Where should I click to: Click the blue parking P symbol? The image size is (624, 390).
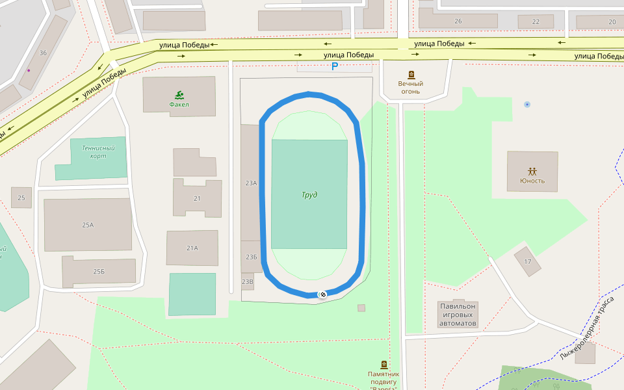pyautogui.click(x=335, y=66)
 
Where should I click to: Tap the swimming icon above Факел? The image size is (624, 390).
pyautogui.click(x=179, y=95)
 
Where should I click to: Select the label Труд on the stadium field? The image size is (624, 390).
pyautogui.click(x=309, y=195)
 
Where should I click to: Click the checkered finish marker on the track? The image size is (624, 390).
pyautogui.click(x=321, y=294)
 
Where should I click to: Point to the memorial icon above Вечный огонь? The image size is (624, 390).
pyautogui.click(x=411, y=75)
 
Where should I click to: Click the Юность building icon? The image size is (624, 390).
pyautogui.click(x=532, y=172)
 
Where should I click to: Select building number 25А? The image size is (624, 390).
pyautogui.click(x=88, y=225)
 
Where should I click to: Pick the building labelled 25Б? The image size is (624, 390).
pyautogui.click(x=99, y=271)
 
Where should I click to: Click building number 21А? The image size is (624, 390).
pyautogui.click(x=192, y=248)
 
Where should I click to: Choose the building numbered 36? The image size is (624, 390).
pyautogui.click(x=43, y=53)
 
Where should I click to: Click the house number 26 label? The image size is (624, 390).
pyautogui.click(x=458, y=21)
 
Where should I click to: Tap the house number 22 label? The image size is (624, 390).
pyautogui.click(x=536, y=21)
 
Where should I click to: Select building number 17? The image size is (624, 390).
pyautogui.click(x=528, y=262)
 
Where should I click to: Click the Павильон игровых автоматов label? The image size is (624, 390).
pyautogui.click(x=458, y=315)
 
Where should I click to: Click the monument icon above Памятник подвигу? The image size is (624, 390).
pyautogui.click(x=383, y=365)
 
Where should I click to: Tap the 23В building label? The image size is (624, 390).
pyautogui.click(x=247, y=282)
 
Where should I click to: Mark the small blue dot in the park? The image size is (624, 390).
pyautogui.click(x=527, y=104)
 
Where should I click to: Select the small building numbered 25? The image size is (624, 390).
pyautogui.click(x=21, y=198)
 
